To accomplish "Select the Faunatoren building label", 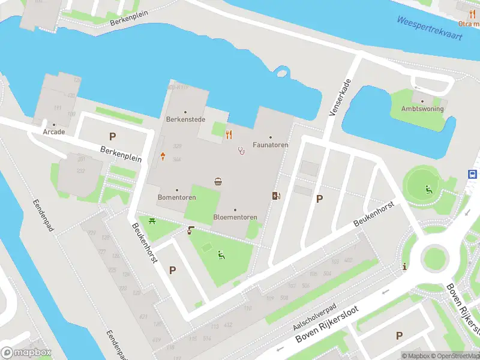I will point(270,145).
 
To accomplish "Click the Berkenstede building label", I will point(185,119).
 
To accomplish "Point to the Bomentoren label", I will point(176,197).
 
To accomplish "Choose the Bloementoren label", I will point(235,217).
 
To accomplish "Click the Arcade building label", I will point(53,131).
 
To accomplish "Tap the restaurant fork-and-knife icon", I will point(229,134).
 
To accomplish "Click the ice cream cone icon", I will point(163,157).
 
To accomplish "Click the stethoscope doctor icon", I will point(242,150).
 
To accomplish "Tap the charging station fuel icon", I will point(276,195).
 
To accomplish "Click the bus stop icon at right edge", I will point(473,174).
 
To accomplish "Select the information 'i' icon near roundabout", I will point(406,266).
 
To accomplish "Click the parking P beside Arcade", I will point(112,136).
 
